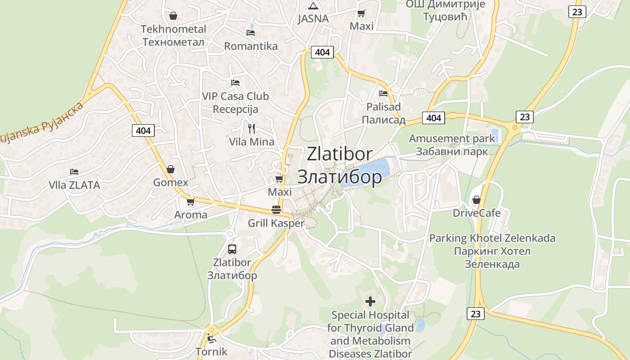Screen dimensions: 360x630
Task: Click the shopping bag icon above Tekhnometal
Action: coord(173,16)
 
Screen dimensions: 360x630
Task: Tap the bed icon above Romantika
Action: coord(251,32)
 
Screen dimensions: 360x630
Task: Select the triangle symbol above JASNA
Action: coord(313,6)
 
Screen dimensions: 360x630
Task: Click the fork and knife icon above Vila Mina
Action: coord(252,129)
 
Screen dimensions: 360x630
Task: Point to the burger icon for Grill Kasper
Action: coord(276,210)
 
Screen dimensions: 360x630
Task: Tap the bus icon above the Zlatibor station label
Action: coord(232,249)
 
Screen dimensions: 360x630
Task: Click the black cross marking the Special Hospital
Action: coord(370,301)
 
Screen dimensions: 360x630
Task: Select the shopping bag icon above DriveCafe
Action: coord(477,199)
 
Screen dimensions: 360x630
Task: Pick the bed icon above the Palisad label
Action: coord(383,94)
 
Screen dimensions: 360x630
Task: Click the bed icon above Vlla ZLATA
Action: coord(74,172)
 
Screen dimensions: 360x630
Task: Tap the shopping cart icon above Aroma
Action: coord(190,202)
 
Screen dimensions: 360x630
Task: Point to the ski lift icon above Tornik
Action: coord(211,338)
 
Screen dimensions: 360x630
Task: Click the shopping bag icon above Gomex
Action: coord(171,169)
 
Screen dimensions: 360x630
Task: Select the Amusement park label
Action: coord(452,139)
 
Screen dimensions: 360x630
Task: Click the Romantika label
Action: coord(251,46)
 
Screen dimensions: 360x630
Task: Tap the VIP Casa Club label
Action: coord(235,96)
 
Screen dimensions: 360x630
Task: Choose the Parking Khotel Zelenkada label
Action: coord(492,238)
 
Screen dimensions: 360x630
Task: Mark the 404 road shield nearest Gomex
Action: coord(144,130)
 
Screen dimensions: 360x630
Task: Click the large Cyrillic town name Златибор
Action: coord(340,177)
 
